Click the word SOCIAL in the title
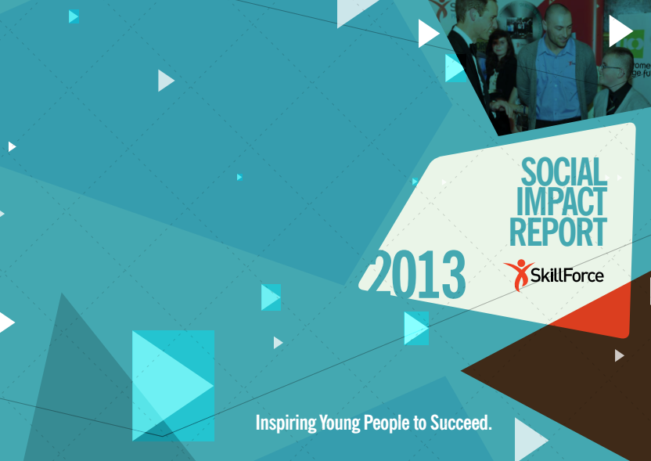coord(563,171)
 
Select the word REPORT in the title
coord(558,232)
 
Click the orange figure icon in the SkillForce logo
coord(518,275)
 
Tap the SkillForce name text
coord(566,276)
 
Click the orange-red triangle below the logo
coord(618,309)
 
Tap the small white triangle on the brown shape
coord(619,355)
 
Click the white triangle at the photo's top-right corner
coord(620,31)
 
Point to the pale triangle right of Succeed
coord(529,440)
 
